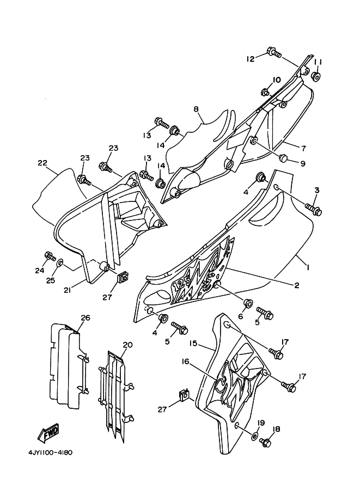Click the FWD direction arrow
point(48,432)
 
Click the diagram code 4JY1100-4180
point(51,452)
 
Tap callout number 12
point(251,59)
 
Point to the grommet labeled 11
point(316,77)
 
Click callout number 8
point(196,109)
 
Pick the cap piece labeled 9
point(283,157)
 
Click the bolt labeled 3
point(313,209)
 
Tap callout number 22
point(42,163)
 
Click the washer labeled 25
point(60,262)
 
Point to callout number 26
point(86,317)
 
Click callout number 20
point(127,345)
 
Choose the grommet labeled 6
point(248,303)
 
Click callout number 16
point(186,361)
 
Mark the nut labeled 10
point(265,92)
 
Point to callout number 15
point(194,343)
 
